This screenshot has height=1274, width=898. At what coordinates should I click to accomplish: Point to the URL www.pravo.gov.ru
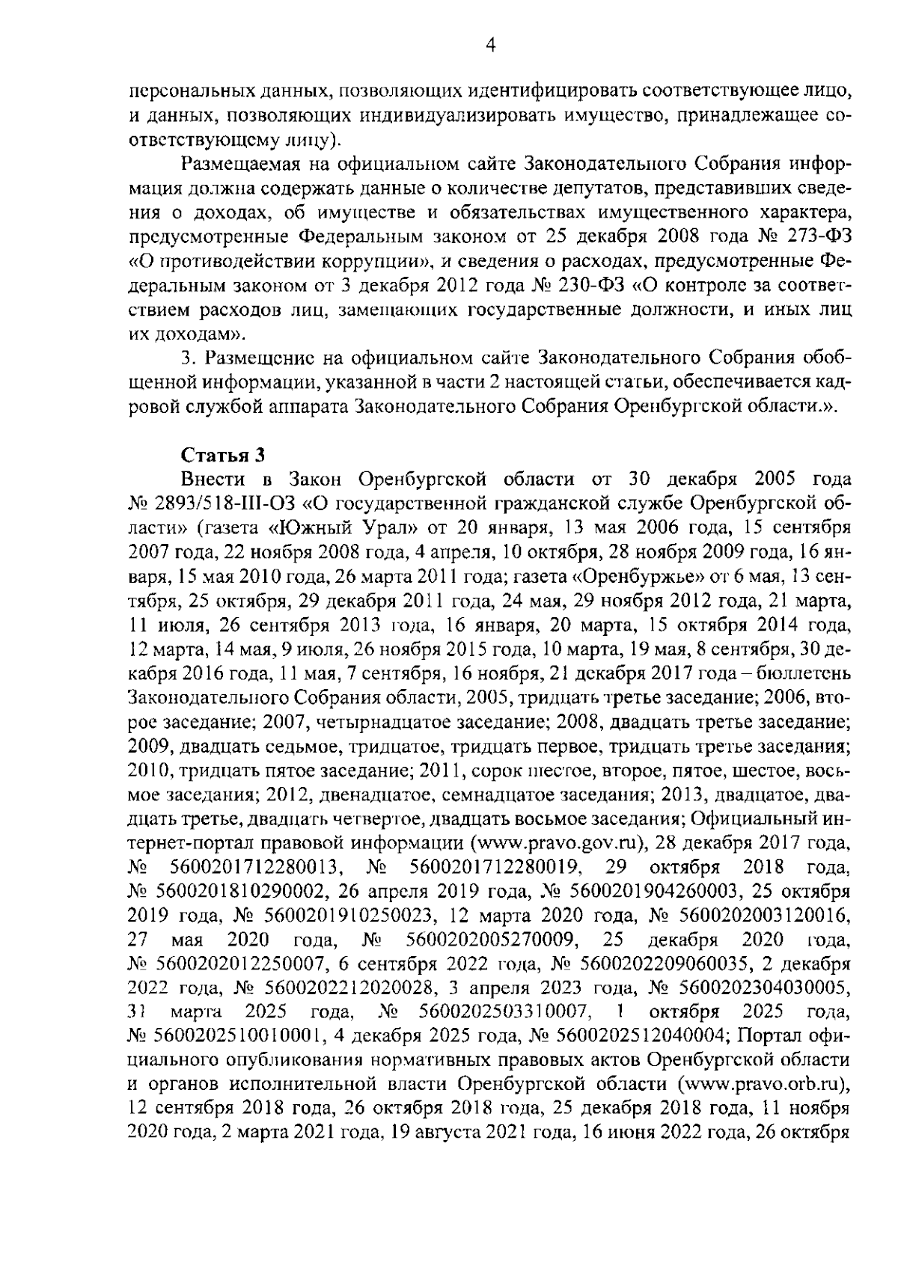coord(557,843)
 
